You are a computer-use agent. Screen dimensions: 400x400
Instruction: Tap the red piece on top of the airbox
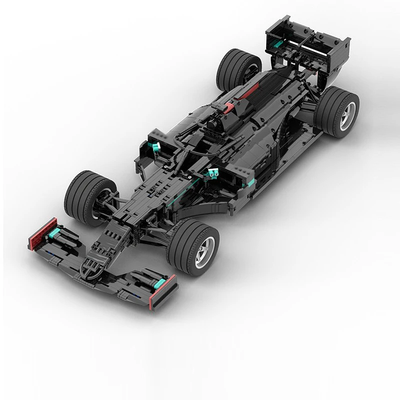coord(228,107)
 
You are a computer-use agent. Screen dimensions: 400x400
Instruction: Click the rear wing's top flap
coord(305,30)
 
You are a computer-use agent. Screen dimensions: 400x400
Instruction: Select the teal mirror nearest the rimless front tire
coord(155,145)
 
